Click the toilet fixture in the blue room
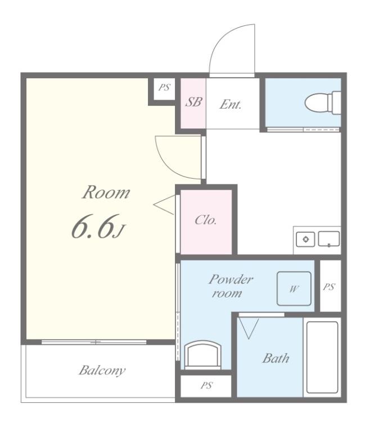(x=323, y=103)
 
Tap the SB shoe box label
(x=193, y=102)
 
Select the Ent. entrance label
(x=230, y=105)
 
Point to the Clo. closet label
(x=205, y=220)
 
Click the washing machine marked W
(x=294, y=289)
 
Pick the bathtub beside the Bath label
(x=322, y=357)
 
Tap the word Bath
(x=276, y=358)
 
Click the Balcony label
(x=102, y=371)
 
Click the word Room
(x=106, y=192)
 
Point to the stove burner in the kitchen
(x=305, y=239)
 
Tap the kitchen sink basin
(x=329, y=239)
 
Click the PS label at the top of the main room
(x=164, y=88)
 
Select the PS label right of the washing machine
(x=329, y=287)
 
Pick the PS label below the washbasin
(x=206, y=385)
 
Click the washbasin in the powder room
(x=204, y=355)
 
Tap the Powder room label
(x=230, y=286)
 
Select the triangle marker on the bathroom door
(x=249, y=328)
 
